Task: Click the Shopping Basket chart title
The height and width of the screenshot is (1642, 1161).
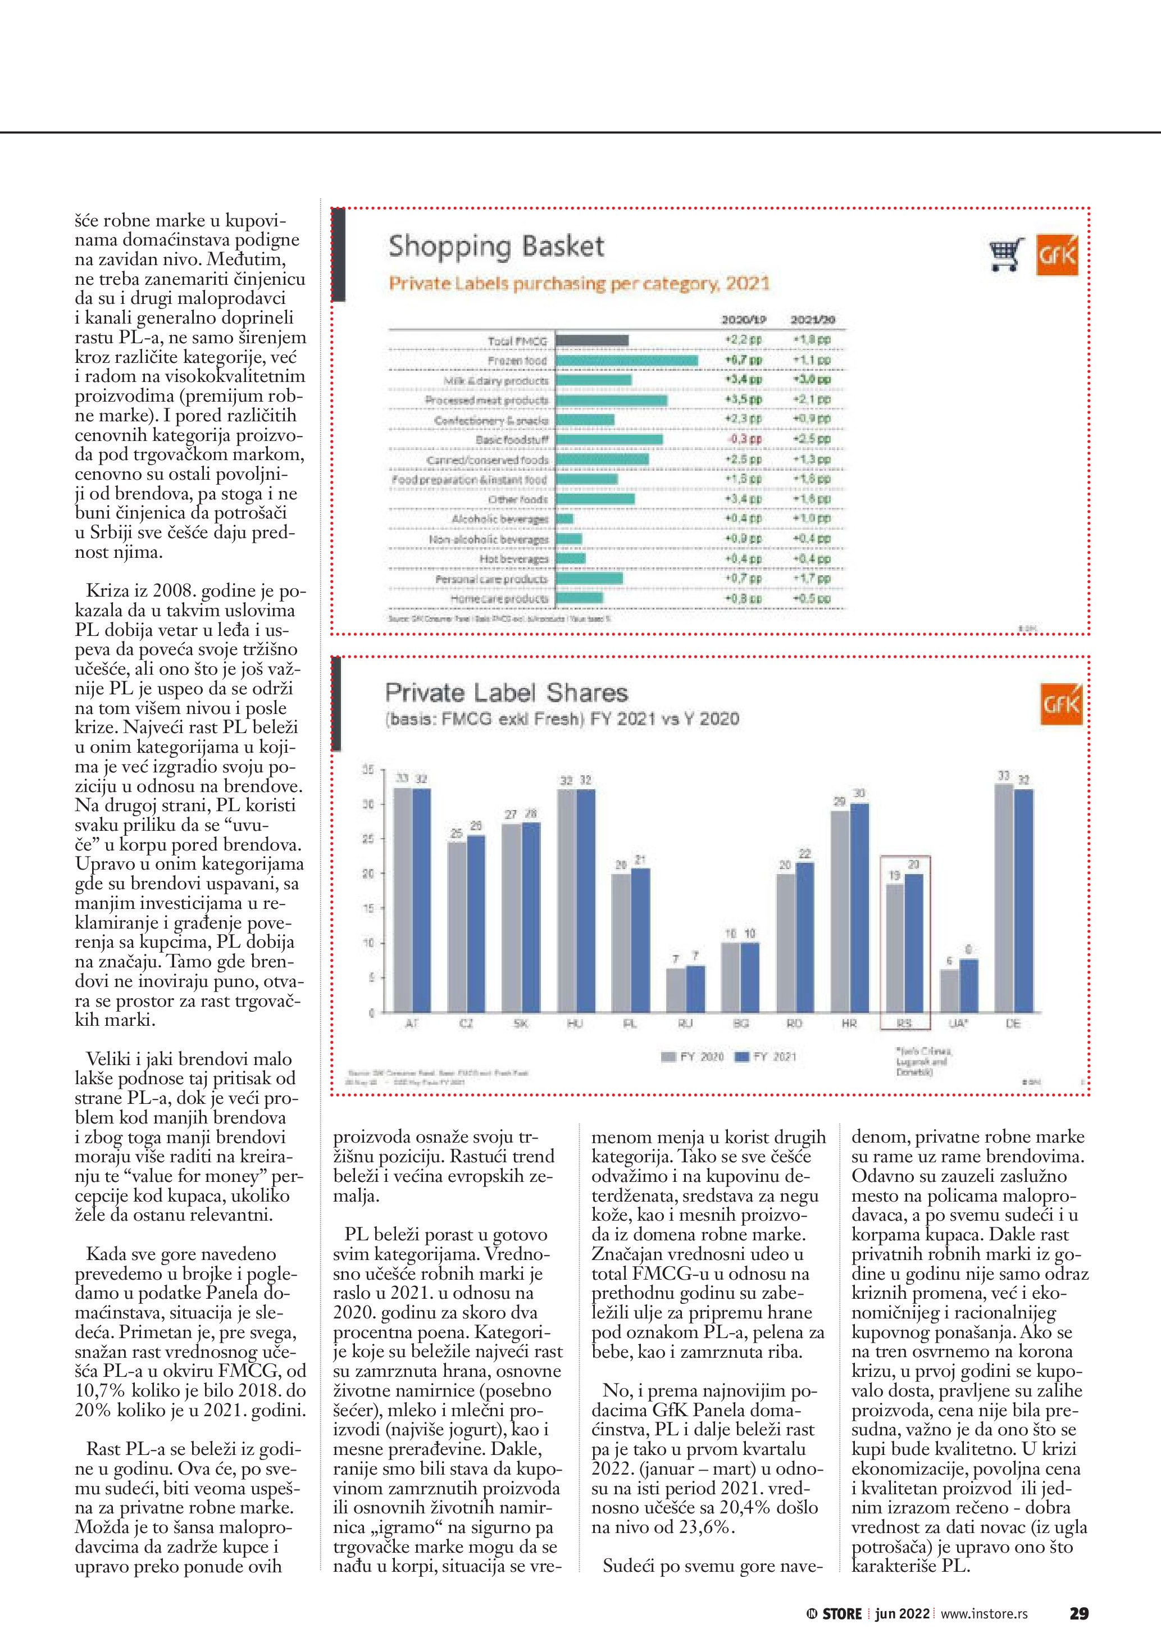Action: [x=496, y=247]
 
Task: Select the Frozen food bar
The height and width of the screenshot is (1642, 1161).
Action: [x=626, y=361]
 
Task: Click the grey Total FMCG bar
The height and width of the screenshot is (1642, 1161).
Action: [x=592, y=340]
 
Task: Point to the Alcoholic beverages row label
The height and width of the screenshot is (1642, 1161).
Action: [x=500, y=518]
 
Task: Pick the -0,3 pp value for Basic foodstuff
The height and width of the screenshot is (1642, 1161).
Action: [x=744, y=439]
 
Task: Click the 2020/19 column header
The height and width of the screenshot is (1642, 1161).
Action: [x=744, y=320]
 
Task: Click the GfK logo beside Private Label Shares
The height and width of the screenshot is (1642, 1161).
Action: [x=1061, y=704]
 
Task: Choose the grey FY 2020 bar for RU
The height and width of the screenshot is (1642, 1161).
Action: [x=676, y=990]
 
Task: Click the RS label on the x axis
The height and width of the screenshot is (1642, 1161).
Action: [x=904, y=1024]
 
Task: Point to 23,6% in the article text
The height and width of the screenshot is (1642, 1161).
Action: [x=708, y=1527]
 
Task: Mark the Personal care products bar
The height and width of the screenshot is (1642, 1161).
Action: [x=589, y=579]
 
